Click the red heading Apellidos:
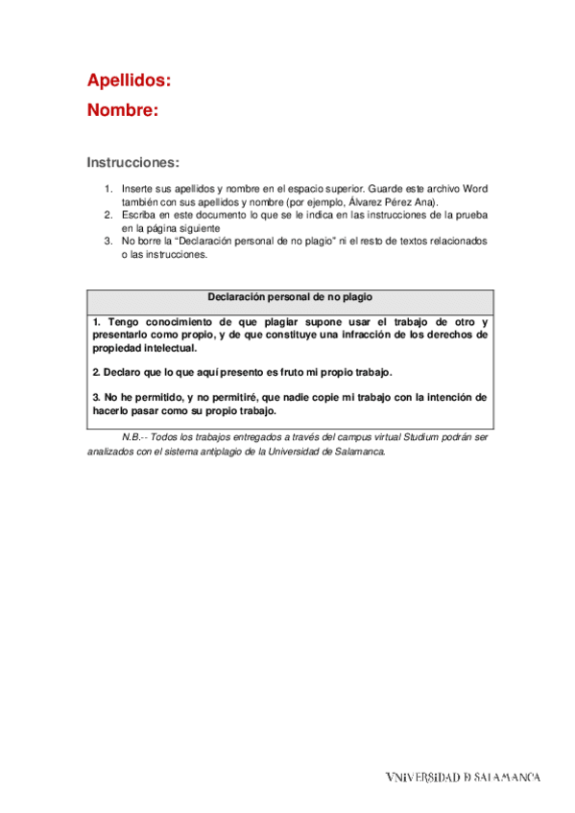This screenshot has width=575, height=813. pos(130,80)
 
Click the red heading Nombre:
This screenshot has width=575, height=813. pos(123,110)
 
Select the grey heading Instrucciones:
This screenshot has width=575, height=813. pos(133,162)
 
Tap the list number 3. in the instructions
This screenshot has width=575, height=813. pos(109,242)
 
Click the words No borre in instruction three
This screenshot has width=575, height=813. pos(140,242)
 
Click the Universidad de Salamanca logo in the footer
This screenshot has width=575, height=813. pos(463,777)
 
